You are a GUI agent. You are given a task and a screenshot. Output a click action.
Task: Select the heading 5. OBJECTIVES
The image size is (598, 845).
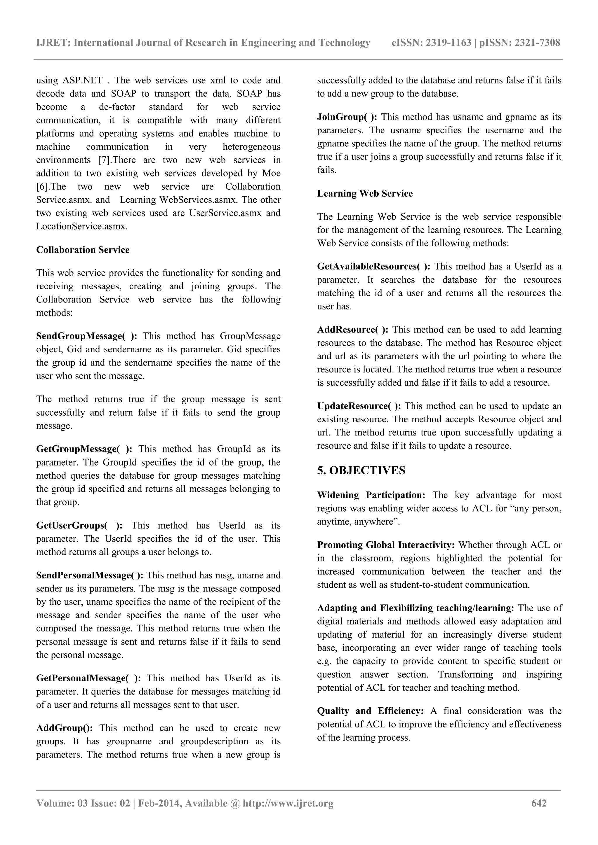[x=361, y=470]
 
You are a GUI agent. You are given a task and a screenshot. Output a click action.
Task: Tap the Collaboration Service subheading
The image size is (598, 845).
[x=83, y=250]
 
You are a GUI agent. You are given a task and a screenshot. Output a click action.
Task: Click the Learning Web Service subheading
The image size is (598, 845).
[x=365, y=194]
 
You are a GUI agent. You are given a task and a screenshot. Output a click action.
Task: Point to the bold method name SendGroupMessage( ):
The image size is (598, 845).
[x=87, y=336]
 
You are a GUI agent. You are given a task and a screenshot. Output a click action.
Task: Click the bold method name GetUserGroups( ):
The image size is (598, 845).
[x=79, y=525]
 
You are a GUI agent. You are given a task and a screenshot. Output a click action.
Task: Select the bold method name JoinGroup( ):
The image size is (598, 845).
[x=347, y=117]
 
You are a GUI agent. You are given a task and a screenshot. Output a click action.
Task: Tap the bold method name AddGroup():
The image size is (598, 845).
[x=65, y=728]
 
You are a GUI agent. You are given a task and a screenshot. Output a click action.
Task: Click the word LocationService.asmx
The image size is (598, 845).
[x=82, y=226]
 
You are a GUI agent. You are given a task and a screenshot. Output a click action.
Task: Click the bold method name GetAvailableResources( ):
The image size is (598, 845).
[x=374, y=267]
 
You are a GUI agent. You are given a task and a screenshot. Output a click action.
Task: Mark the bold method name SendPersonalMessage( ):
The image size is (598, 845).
[x=90, y=575]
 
